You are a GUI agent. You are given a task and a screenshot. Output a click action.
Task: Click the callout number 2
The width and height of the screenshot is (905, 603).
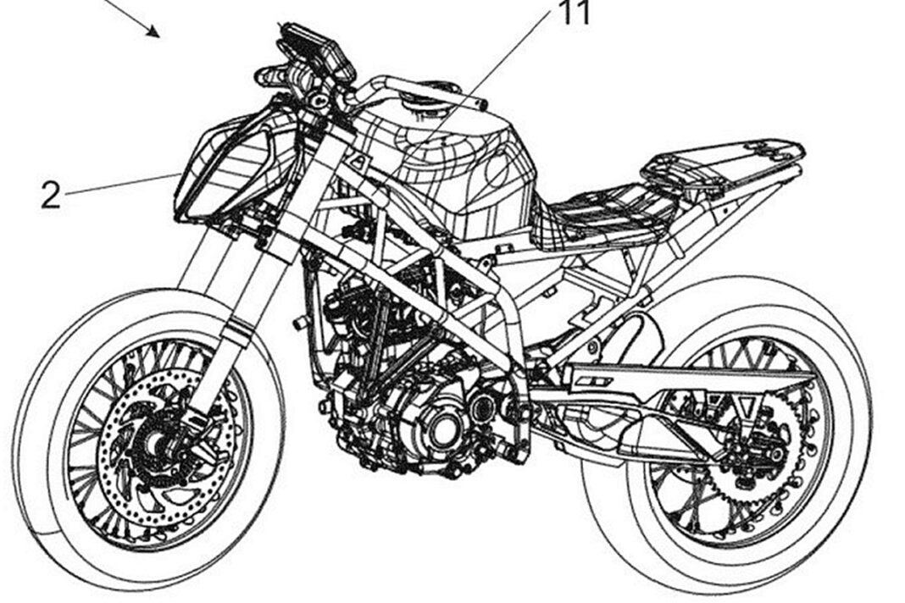51,195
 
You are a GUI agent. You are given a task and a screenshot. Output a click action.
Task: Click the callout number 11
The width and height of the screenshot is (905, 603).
575,13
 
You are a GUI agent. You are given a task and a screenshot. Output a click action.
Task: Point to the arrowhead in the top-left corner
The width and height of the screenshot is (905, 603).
153,30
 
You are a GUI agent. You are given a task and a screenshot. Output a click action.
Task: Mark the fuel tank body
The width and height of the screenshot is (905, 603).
456,168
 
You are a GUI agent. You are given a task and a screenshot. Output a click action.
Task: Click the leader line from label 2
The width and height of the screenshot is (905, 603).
122,184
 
